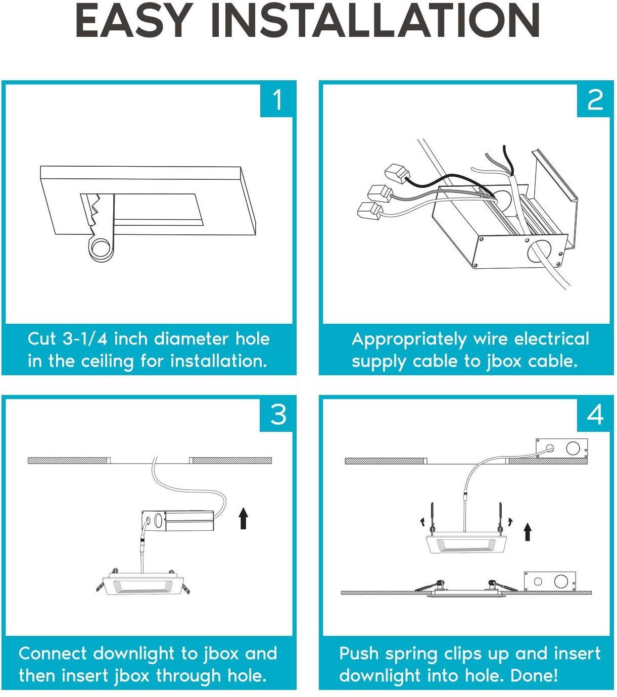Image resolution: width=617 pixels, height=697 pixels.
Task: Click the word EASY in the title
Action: [133, 21]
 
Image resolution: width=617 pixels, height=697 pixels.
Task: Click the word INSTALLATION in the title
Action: [375, 21]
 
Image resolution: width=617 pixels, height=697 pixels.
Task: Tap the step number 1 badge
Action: [277, 100]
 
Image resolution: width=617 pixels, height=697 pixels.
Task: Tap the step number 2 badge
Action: [595, 100]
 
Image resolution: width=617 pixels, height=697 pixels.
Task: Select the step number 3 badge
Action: [277, 415]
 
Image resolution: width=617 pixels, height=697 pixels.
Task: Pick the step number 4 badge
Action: [595, 415]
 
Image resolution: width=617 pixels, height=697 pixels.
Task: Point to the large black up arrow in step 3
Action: [244, 518]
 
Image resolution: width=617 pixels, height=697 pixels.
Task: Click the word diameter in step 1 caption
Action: [191, 339]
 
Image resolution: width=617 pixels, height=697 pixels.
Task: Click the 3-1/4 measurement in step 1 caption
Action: [85, 339]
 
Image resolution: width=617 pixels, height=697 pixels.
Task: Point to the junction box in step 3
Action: [178, 521]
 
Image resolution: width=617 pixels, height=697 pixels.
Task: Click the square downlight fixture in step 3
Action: [143, 581]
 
